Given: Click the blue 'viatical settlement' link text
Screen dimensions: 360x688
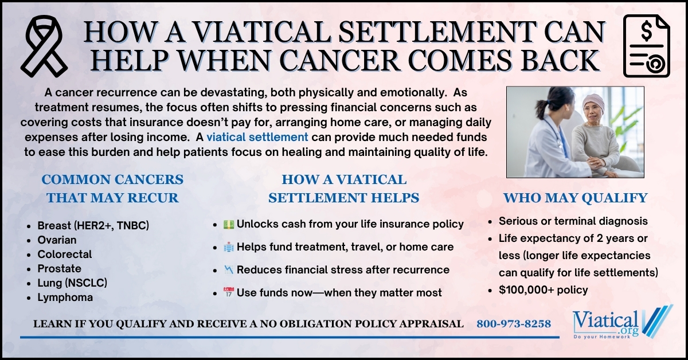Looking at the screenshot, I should [x=257, y=137].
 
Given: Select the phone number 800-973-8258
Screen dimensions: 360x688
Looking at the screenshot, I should [x=514, y=324].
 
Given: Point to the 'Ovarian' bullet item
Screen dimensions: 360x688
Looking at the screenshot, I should [x=57, y=240].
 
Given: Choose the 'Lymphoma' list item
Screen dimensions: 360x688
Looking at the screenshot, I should [x=65, y=297].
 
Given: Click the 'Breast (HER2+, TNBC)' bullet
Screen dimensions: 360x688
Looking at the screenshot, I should [x=93, y=225].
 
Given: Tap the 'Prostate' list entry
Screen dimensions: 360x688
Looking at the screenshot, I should [x=59, y=268].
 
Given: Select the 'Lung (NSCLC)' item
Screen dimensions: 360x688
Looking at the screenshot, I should [x=72, y=283].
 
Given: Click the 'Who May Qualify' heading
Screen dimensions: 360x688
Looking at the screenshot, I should [x=575, y=198].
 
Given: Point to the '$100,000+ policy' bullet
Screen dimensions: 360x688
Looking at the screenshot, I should [x=544, y=289].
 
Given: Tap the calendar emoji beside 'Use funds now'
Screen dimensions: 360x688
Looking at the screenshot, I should [x=228, y=293].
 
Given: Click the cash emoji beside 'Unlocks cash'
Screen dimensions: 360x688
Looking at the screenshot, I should [x=228, y=224].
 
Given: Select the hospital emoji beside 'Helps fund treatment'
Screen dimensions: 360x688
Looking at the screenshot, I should [x=228, y=247].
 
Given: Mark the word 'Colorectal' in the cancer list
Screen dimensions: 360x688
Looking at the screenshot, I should [x=64, y=254].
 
